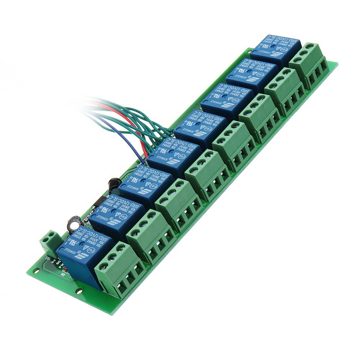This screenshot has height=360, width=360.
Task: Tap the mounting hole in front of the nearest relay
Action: coord(79,291)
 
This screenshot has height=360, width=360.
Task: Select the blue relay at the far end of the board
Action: coord(271,50)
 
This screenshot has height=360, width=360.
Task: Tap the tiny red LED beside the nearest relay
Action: coord(64,269)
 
